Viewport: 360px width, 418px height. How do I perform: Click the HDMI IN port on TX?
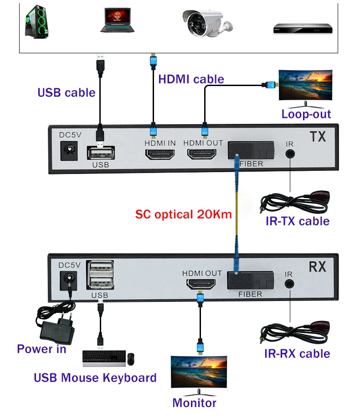[x=160, y=154]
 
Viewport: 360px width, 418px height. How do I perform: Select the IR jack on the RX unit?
[x=288, y=284]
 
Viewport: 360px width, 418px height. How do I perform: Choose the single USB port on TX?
[x=100, y=151]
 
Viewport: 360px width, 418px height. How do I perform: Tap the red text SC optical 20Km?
[x=184, y=214]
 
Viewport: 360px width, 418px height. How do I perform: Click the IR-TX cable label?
[x=297, y=221]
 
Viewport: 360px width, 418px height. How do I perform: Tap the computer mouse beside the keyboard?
[x=131, y=359]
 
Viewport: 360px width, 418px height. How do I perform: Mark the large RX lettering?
[x=318, y=267]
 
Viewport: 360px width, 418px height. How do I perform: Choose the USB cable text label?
[x=67, y=92]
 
